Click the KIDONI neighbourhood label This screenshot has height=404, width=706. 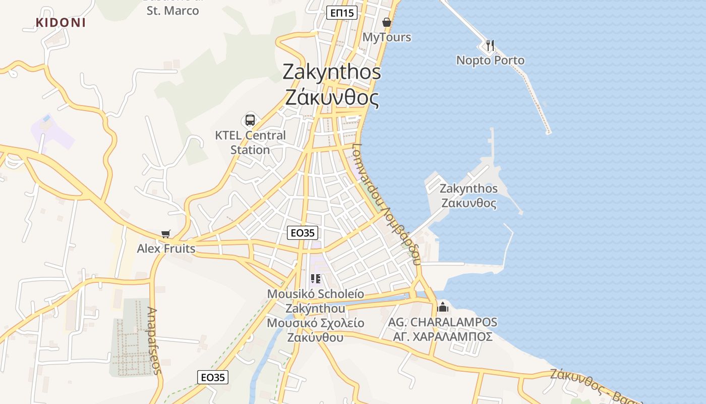61,23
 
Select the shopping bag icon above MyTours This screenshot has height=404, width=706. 387,22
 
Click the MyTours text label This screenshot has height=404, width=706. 387,37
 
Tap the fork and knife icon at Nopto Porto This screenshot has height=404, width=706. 490,45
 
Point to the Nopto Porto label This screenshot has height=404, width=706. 490,61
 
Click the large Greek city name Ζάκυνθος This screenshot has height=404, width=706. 332,97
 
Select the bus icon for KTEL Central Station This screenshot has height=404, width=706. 250,120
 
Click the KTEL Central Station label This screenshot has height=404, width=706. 250,142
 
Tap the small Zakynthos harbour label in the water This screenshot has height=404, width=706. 468,196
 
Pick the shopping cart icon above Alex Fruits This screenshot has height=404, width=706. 166,234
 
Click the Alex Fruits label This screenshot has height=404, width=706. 166,248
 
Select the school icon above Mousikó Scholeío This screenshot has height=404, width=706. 316,279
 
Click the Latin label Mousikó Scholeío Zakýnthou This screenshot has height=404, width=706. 316,301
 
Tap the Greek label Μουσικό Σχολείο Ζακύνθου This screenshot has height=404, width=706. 316,330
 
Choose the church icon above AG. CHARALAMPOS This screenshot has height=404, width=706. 443,307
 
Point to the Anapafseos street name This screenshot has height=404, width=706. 154,341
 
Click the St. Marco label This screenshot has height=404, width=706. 172,11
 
